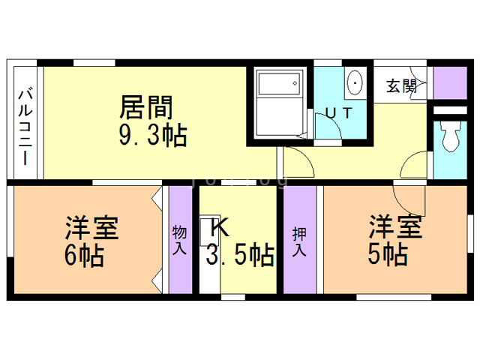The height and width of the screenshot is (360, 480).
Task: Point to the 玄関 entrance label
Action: pyautogui.click(x=400, y=85)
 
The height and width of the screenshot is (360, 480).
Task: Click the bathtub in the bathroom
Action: pyautogui.click(x=278, y=94)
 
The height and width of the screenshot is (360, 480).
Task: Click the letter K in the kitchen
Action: pyautogui.click(x=218, y=226)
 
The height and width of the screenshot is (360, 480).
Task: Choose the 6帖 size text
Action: pyautogui.click(x=84, y=256)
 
